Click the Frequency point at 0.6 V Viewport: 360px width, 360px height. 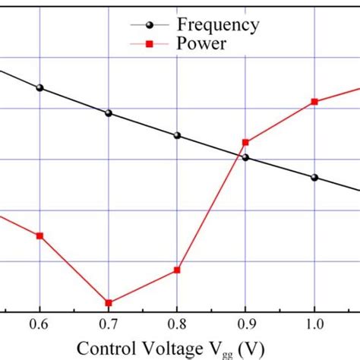click(40, 88)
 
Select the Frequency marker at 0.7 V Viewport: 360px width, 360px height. click(109, 113)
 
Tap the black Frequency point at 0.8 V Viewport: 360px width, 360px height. click(177, 135)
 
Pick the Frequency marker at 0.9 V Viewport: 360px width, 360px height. click(245, 158)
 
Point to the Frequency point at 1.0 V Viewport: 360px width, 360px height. click(314, 178)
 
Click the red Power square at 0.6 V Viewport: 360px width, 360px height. click(40, 235)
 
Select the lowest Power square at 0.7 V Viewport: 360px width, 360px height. click(109, 303)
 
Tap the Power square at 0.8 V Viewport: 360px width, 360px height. click(177, 270)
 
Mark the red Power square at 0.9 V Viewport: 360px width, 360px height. click(245, 142)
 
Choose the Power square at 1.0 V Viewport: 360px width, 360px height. click(314, 102)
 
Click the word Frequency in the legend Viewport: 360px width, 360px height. click(218, 25)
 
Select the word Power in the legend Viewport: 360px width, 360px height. click(201, 45)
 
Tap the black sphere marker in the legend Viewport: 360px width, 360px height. click(150, 25)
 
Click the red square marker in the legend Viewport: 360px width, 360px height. click(150, 46)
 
